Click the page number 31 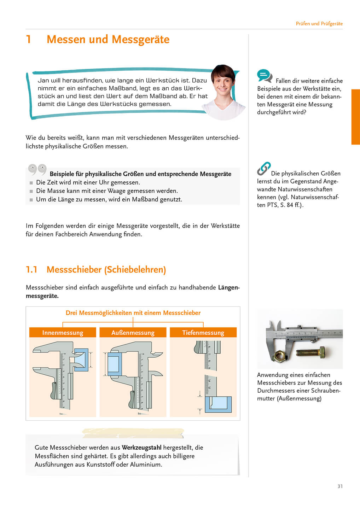[340, 486]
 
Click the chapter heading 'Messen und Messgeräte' [108, 39]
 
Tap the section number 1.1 [31, 270]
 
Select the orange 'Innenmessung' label [63, 333]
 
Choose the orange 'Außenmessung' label [133, 333]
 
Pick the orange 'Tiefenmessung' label [203, 333]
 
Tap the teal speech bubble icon [264, 76]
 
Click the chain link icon [263, 169]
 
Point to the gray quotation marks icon [37, 169]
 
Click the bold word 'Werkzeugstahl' [141, 447]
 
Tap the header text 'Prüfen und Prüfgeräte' [319, 24]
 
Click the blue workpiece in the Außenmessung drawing [114, 364]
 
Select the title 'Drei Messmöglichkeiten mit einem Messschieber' [133, 313]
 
